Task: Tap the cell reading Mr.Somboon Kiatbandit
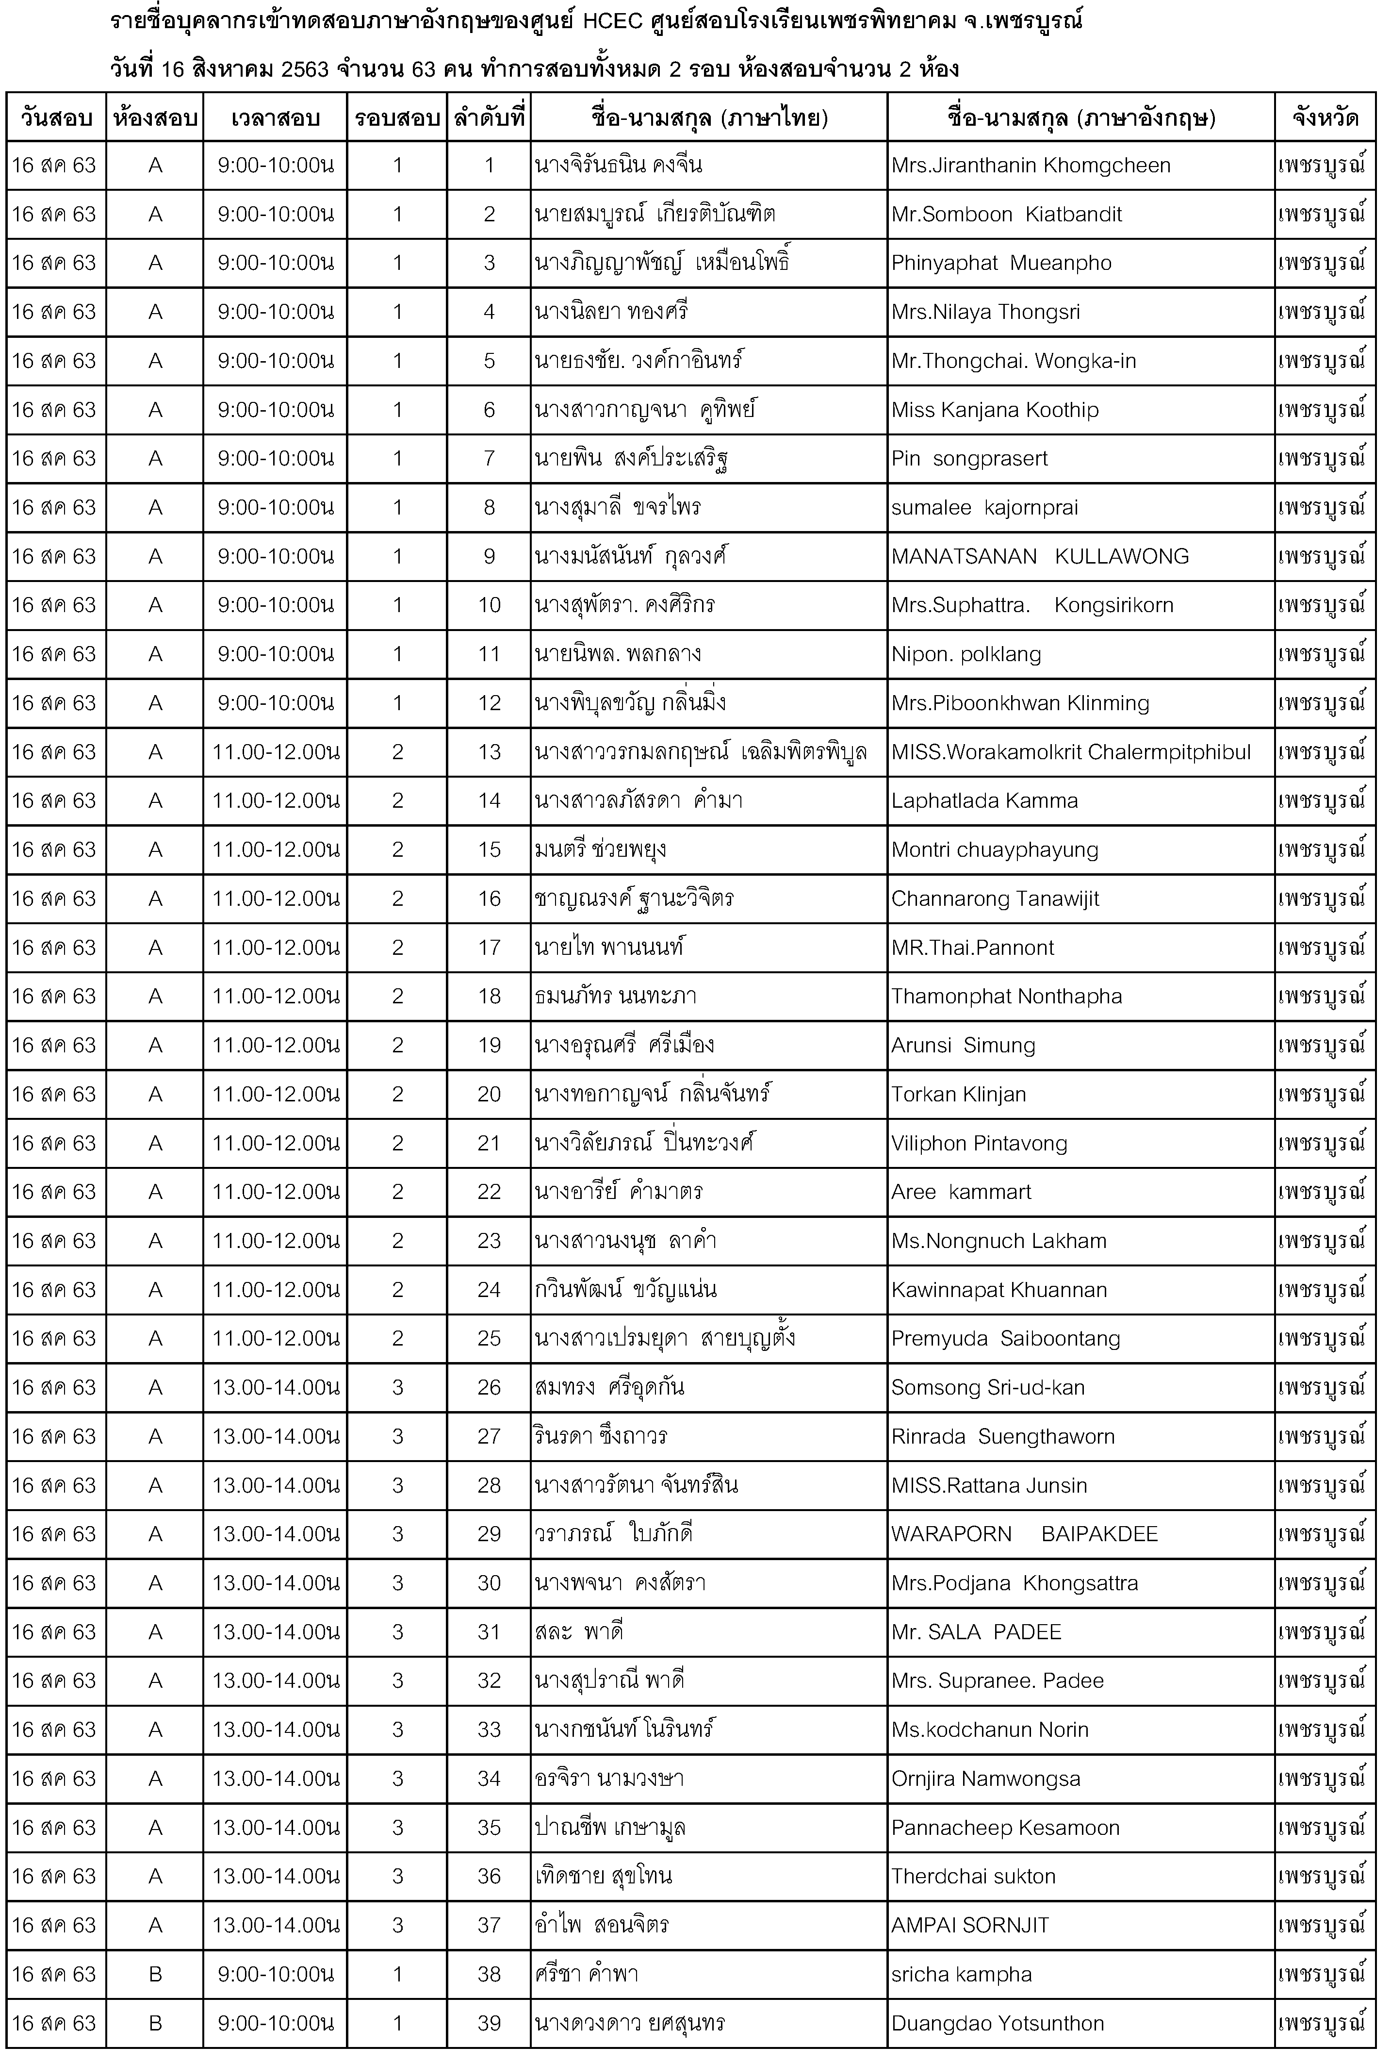(x=1007, y=215)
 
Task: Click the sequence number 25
(x=489, y=1339)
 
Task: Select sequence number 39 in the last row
(x=489, y=2023)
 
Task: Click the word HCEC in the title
(x=612, y=21)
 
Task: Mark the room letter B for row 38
(x=155, y=1974)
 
